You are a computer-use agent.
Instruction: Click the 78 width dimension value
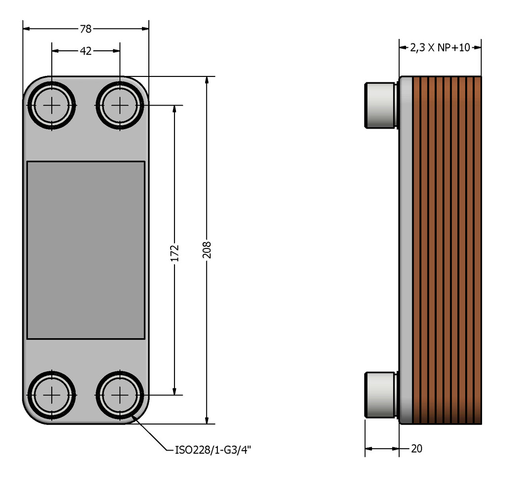coord(86,29)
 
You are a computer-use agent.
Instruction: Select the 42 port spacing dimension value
coord(86,51)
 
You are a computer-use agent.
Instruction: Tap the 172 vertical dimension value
coord(174,252)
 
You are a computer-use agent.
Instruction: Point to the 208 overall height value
coord(207,250)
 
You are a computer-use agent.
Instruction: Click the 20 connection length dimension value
coord(417,448)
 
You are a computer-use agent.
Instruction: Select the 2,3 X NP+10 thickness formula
coord(440,48)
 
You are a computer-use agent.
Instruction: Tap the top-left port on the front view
coord(52,105)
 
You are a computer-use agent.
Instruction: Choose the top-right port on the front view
coord(120,105)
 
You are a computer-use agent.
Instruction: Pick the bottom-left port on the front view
coord(52,395)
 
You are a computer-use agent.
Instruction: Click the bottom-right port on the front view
coord(120,395)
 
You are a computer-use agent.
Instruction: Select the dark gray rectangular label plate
coord(86,250)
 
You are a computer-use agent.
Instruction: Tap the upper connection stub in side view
coord(380,105)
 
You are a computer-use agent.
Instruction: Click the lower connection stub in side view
coord(380,395)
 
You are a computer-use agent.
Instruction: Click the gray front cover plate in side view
coord(405,250)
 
